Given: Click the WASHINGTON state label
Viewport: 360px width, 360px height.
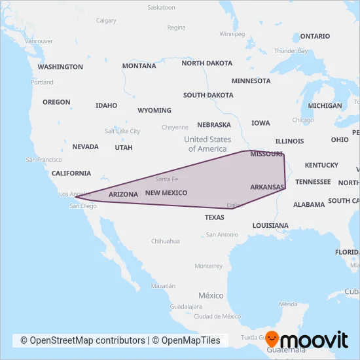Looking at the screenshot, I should click(x=60, y=67).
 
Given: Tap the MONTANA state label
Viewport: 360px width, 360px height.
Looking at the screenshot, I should click(x=139, y=66).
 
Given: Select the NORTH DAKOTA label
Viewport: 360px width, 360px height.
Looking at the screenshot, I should click(x=207, y=63).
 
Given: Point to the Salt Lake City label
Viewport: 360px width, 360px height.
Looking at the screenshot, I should click(x=122, y=131).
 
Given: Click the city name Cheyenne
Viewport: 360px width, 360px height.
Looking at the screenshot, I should click(x=175, y=127).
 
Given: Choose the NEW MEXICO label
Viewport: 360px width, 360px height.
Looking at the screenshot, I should click(x=166, y=192).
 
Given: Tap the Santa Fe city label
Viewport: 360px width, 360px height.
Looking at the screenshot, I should click(x=167, y=179).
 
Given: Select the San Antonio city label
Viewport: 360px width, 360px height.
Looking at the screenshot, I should click(x=222, y=234).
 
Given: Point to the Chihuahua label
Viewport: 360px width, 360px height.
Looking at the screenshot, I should click(x=166, y=241).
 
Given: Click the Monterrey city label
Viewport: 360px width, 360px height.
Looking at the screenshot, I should click(x=209, y=266).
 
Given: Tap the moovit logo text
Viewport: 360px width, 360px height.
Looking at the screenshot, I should click(x=315, y=340).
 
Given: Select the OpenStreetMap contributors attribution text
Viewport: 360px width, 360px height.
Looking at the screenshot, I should click(x=82, y=340).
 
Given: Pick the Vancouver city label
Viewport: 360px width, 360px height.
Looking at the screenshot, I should click(x=39, y=41).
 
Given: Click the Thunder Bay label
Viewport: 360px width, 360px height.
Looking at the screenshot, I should click(x=291, y=50).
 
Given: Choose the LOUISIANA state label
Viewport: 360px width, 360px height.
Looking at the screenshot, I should click(x=270, y=225).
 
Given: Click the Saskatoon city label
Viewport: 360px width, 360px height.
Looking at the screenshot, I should click(x=162, y=8).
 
